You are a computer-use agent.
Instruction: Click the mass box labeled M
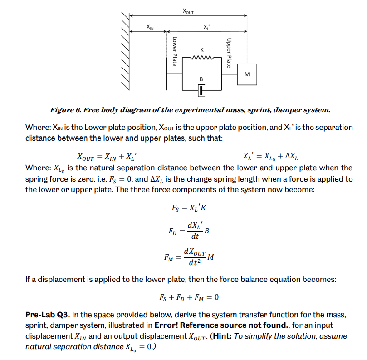[247, 74]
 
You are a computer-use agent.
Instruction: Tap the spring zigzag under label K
[201, 57]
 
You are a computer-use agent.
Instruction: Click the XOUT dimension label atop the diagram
[188, 10]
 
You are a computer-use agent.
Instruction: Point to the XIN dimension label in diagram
[150, 28]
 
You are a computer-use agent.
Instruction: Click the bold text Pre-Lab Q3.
[46, 314]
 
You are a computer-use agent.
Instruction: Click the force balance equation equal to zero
[189, 298]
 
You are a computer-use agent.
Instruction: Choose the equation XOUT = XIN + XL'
[107, 158]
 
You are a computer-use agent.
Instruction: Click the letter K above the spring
[201, 49]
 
